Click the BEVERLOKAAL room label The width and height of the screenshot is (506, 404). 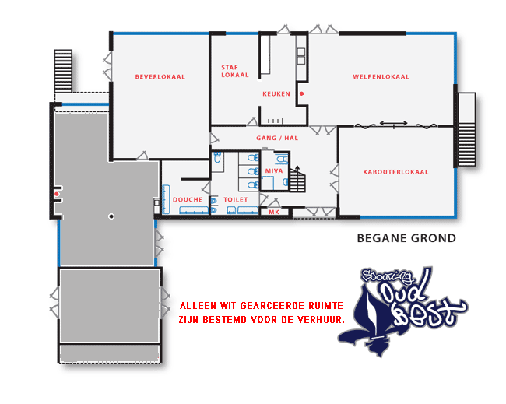pyautogui.click(x=160, y=77)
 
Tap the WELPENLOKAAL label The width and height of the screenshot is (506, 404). pyautogui.click(x=381, y=77)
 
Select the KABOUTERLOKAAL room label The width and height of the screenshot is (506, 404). pyautogui.click(x=395, y=172)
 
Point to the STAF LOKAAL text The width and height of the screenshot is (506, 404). pyautogui.click(x=235, y=71)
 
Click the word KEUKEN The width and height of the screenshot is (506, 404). pyautogui.click(x=276, y=94)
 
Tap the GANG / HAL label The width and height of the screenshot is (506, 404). pyautogui.click(x=277, y=138)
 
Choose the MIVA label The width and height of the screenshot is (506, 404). pyautogui.click(x=274, y=170)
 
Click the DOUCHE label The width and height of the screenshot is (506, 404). pyautogui.click(x=188, y=200)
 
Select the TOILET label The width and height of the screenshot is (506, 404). pyautogui.click(x=236, y=200)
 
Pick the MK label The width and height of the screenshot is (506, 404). pyautogui.click(x=274, y=212)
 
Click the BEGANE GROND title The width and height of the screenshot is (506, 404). pyautogui.click(x=406, y=238)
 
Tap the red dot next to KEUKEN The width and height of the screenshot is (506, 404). pyautogui.click(x=302, y=94)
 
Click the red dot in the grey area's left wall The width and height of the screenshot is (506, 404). pyautogui.click(x=57, y=194)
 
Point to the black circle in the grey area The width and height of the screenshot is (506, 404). pyautogui.click(x=111, y=216)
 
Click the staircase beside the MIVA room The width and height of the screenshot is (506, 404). pyautogui.click(x=297, y=179)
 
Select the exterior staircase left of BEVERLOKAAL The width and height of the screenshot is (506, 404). pyautogui.click(x=63, y=71)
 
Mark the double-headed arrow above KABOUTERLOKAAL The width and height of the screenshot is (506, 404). pyautogui.click(x=393, y=123)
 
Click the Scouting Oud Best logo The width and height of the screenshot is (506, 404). pyautogui.click(x=403, y=311)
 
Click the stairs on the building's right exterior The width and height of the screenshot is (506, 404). pyautogui.click(x=466, y=129)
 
